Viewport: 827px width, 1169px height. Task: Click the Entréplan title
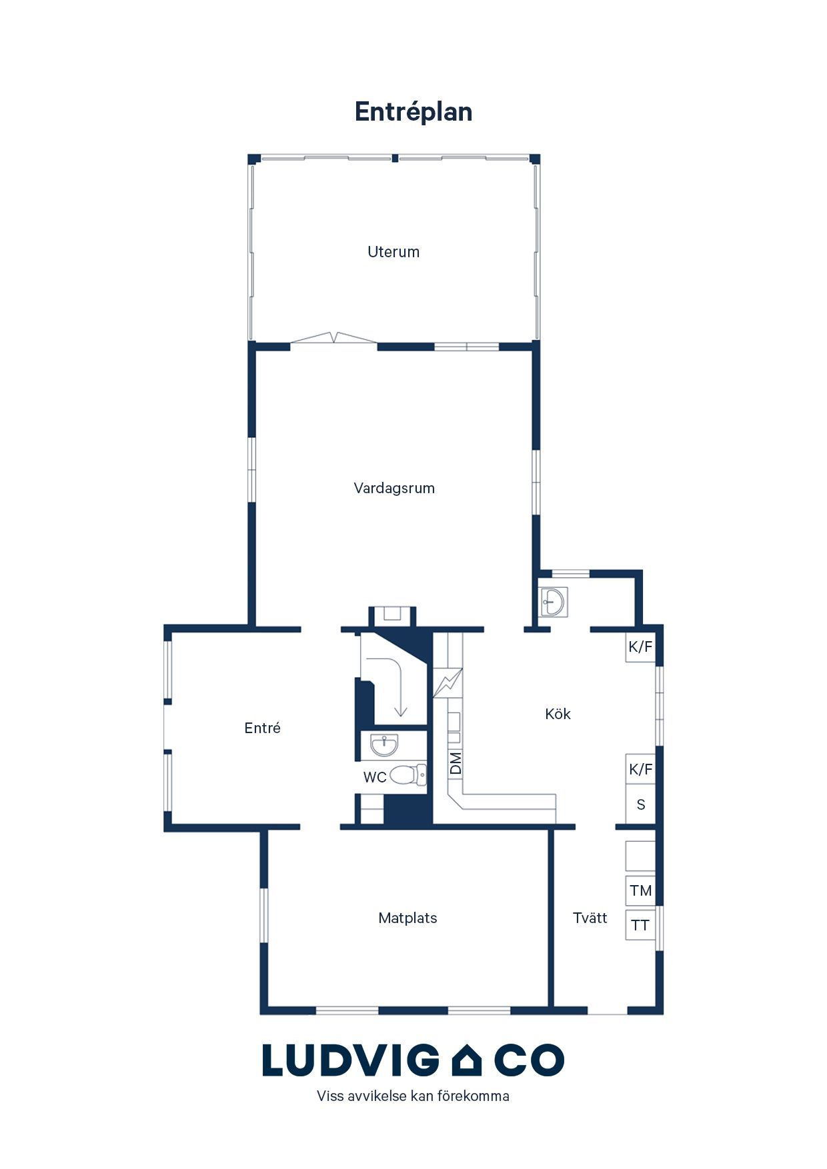(414, 112)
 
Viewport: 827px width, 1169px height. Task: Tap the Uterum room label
(393, 252)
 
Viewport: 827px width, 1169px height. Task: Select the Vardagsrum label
(394, 489)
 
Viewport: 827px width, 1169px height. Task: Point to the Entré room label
(262, 728)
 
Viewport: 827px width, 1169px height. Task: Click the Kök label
(558, 714)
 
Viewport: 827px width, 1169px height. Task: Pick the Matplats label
(407, 918)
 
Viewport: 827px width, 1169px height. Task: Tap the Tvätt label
(590, 918)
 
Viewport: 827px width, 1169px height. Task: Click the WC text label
(375, 777)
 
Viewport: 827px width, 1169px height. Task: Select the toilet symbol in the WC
(408, 774)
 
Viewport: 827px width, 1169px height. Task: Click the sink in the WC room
(384, 745)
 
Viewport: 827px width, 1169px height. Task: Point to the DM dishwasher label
(456, 763)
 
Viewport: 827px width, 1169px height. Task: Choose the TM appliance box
(640, 891)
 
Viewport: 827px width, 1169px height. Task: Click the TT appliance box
(640, 925)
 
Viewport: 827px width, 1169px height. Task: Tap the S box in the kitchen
(640, 804)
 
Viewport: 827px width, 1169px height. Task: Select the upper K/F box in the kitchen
(640, 646)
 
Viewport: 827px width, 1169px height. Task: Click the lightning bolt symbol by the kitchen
(448, 683)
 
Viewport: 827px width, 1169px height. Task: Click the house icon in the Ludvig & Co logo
(466, 1060)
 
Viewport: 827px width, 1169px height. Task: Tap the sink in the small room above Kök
(554, 602)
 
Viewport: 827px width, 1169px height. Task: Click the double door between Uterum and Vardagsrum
(334, 338)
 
